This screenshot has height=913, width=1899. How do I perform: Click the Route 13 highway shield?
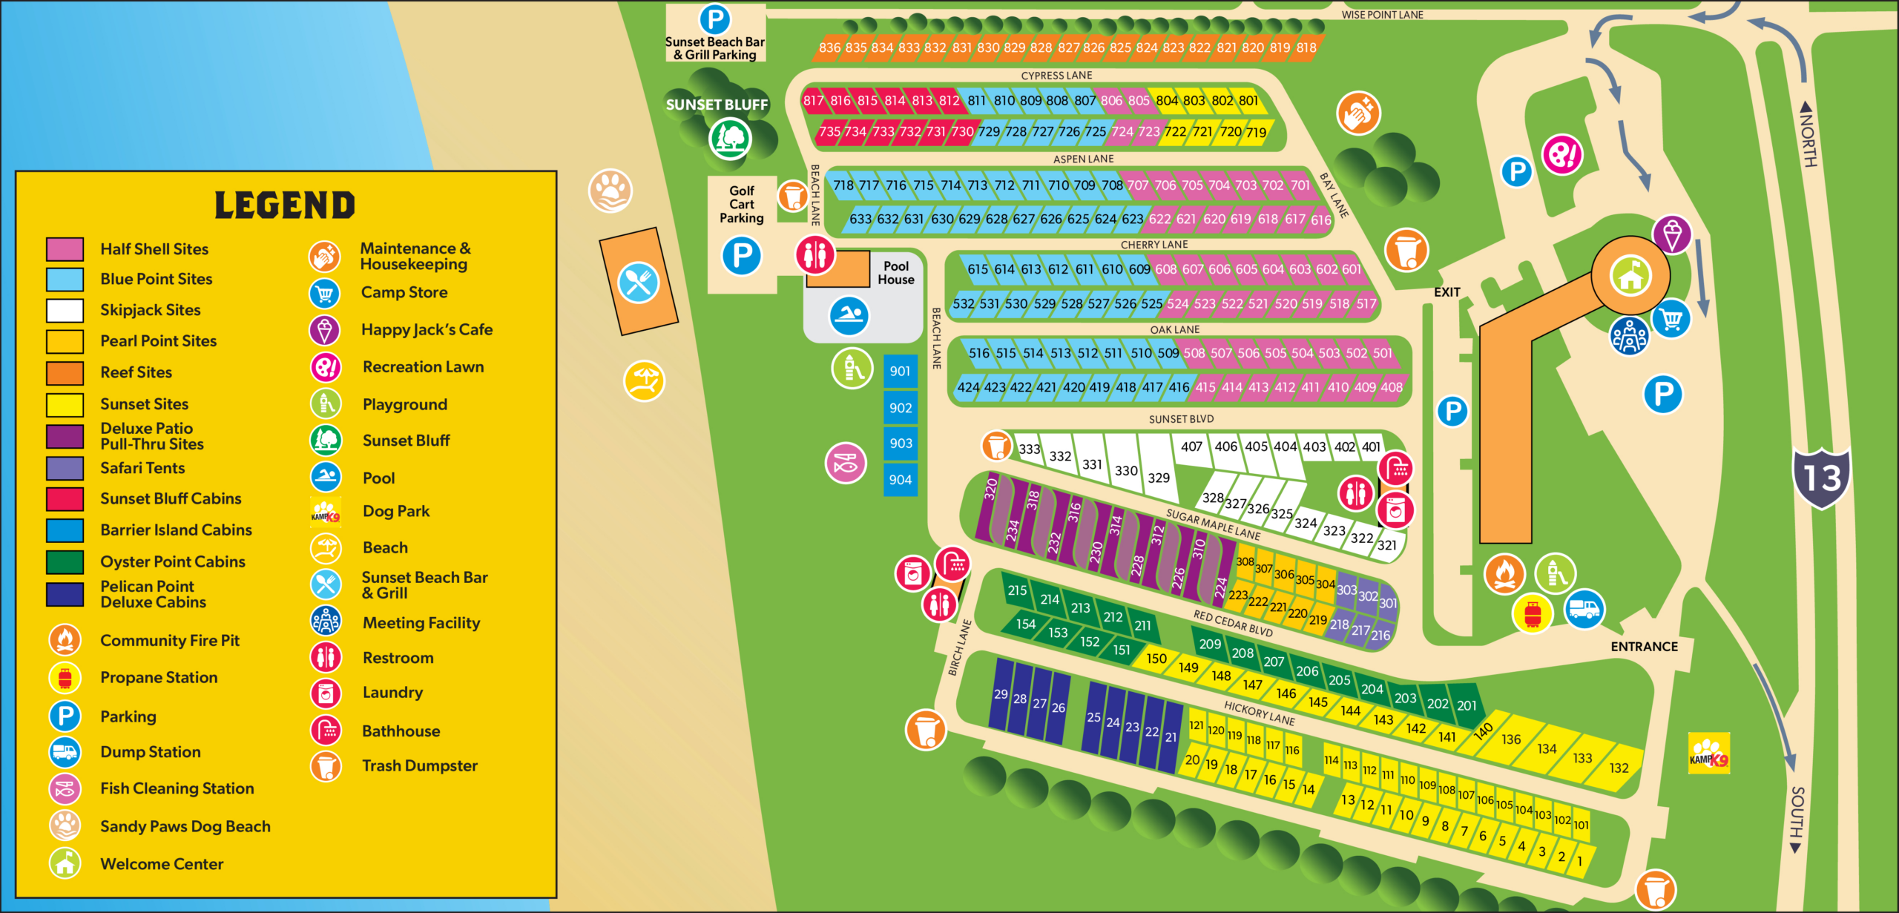(x=1821, y=478)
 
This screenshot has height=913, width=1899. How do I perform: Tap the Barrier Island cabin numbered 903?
(x=901, y=444)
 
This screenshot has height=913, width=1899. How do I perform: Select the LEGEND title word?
(x=285, y=205)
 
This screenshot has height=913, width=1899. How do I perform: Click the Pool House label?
(x=896, y=273)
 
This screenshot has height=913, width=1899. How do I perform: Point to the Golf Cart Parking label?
(x=741, y=204)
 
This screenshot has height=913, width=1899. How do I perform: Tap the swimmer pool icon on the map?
(x=849, y=316)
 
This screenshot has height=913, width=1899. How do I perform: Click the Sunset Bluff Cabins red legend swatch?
(x=65, y=499)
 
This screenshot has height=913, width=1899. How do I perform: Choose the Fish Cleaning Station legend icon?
(x=65, y=789)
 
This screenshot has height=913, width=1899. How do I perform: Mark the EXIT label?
(x=1447, y=292)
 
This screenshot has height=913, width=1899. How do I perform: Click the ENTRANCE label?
(x=1644, y=647)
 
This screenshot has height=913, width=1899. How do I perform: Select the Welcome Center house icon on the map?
(x=1630, y=275)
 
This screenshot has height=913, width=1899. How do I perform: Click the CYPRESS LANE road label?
(x=1056, y=76)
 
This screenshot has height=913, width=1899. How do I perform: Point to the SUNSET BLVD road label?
(x=1181, y=419)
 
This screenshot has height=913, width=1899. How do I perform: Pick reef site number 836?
(x=829, y=48)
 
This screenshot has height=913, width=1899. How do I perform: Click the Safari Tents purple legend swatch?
(x=65, y=468)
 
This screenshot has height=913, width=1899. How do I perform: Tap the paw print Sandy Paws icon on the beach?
(x=610, y=190)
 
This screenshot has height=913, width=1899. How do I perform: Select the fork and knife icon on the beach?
(x=638, y=282)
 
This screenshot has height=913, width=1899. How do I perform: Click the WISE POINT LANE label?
(x=1382, y=15)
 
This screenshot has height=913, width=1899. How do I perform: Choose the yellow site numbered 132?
(x=1619, y=768)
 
